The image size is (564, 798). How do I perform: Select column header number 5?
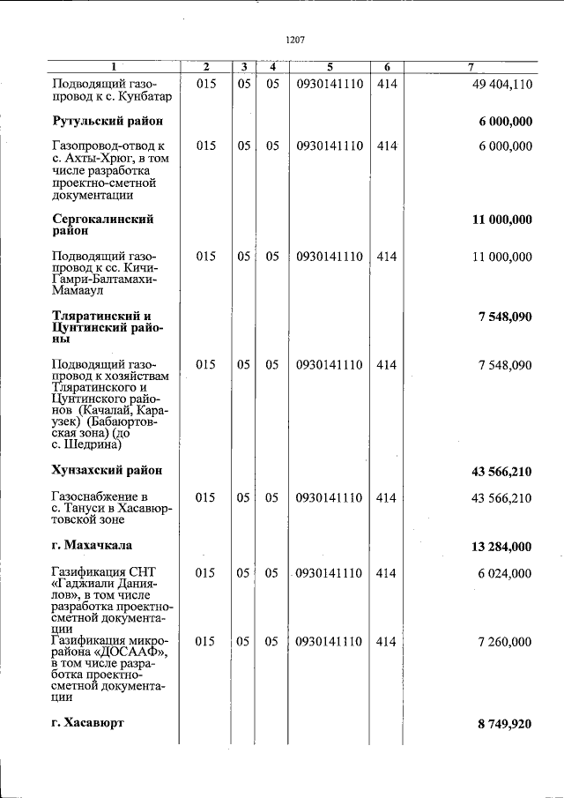(330, 67)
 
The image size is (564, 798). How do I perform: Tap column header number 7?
(471, 67)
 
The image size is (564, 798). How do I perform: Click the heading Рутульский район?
(108, 120)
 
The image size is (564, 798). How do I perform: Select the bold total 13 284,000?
(501, 547)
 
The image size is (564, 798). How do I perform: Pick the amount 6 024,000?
(505, 573)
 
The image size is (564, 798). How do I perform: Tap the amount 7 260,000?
(505, 642)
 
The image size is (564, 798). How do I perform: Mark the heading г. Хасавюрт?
(88, 722)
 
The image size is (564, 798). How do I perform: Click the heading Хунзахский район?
(108, 471)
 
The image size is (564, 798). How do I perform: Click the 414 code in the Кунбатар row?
(386, 85)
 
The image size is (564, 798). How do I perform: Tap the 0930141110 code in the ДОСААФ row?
(330, 642)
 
